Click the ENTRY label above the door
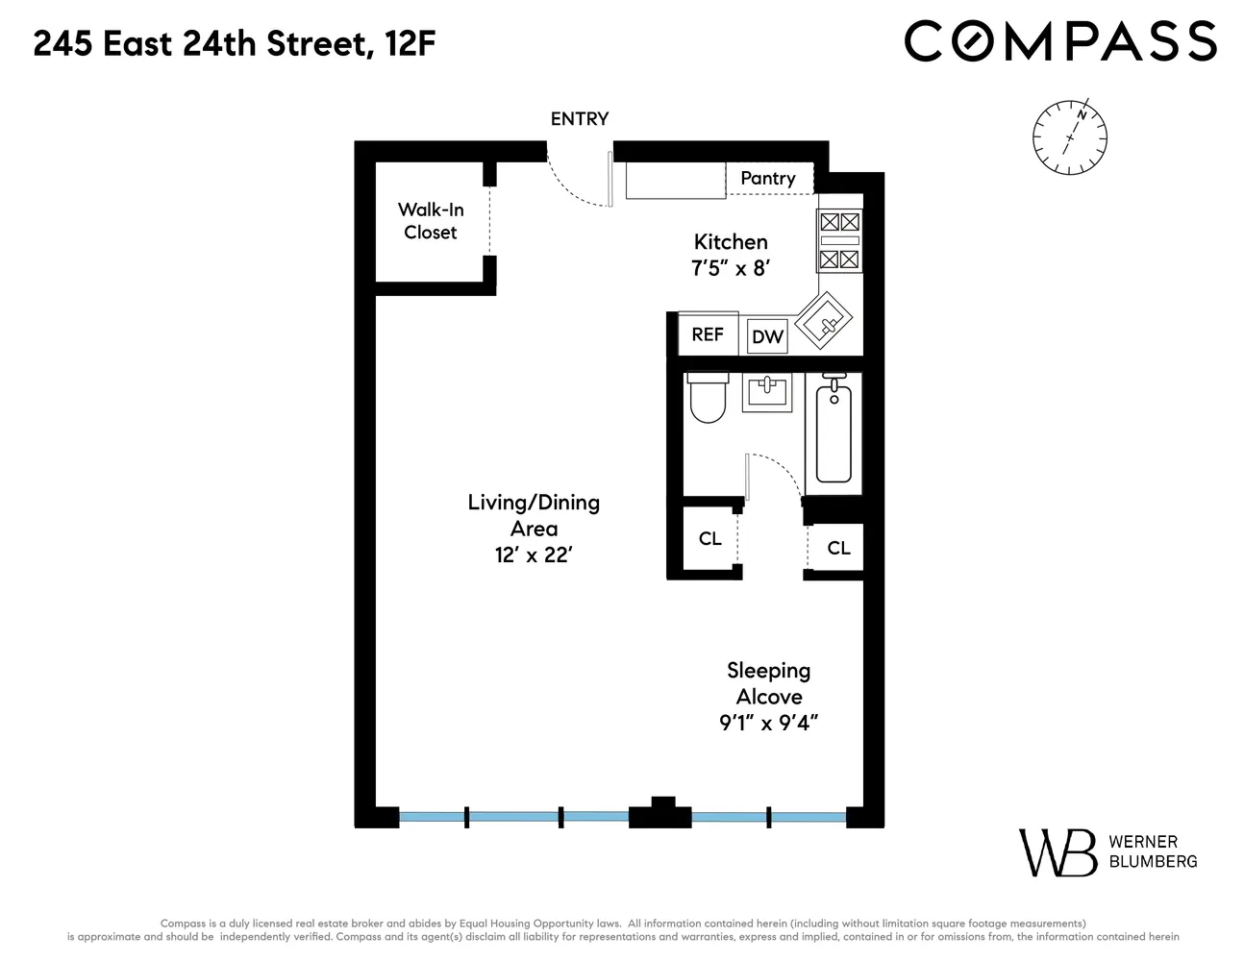click(579, 119)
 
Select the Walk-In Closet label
click(431, 221)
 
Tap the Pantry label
click(767, 178)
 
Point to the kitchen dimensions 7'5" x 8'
click(731, 268)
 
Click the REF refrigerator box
click(708, 334)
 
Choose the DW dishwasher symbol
click(767, 336)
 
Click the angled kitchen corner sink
click(825, 320)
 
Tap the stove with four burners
click(838, 240)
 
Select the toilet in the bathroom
click(708, 399)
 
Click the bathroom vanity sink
click(767, 393)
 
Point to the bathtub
click(833, 432)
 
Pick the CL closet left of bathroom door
click(709, 539)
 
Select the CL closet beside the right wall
click(838, 548)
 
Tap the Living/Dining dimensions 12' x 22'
click(534, 555)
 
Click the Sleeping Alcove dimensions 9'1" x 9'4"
click(768, 723)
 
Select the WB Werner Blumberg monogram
click(1057, 851)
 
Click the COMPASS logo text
click(1060, 42)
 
